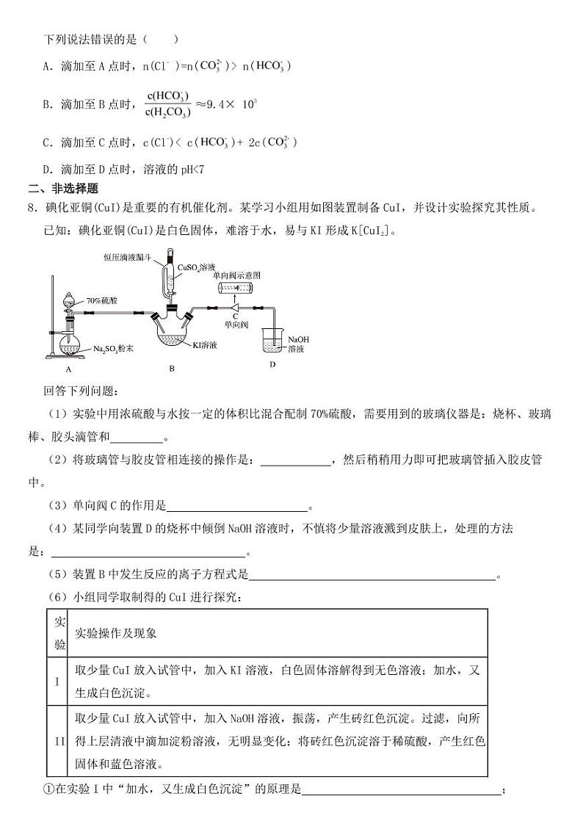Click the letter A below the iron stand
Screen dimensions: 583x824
pos(68,369)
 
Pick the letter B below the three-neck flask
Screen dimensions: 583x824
pos(171,369)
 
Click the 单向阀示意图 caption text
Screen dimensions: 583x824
pos(237,275)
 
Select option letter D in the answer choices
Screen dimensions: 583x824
pos(47,170)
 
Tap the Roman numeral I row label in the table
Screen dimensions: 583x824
pos(57,681)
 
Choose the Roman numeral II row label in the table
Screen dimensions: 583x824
pos(59,740)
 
